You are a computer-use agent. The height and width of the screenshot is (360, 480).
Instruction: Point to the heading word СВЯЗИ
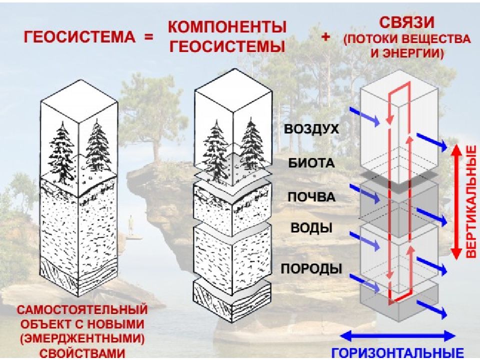point(405,22)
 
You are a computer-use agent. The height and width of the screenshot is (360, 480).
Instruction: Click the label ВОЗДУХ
point(311,129)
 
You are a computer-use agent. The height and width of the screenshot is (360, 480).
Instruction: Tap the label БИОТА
point(311,163)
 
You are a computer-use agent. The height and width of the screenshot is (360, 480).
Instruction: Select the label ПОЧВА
point(311,196)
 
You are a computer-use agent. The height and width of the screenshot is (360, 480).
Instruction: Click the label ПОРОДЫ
point(311,268)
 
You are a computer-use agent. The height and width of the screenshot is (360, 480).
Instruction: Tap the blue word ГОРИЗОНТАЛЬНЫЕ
point(398,351)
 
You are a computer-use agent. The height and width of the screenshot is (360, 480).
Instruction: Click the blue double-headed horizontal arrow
point(398,335)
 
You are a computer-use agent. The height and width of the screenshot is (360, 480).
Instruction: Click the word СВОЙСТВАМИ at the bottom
point(83,354)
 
